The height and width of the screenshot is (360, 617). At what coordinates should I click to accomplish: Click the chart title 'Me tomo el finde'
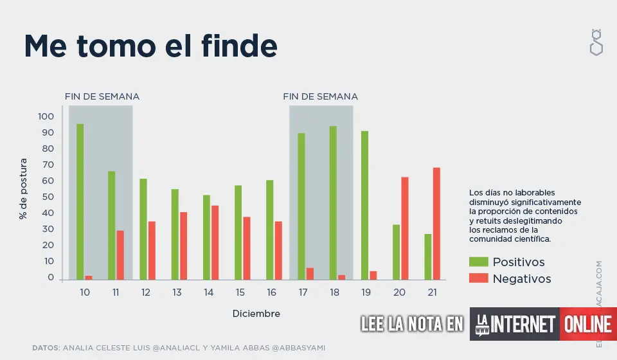[150, 46]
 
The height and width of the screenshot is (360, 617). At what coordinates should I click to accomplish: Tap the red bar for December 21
[436, 224]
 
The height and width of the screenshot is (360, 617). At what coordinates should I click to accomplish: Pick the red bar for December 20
[405, 228]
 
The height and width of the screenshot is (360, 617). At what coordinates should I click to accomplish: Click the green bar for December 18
[333, 203]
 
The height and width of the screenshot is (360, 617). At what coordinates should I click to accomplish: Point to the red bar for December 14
[215, 242]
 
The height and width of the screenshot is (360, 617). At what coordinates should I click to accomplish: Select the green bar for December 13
[175, 235]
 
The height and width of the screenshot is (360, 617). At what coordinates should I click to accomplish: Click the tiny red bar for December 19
[373, 276]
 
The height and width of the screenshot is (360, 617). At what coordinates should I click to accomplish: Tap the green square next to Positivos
[479, 262]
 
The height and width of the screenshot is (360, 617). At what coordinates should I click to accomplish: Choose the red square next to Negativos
[479, 278]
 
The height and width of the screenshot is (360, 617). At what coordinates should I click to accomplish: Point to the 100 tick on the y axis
[46, 116]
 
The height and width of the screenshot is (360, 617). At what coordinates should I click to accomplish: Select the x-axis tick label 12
[147, 292]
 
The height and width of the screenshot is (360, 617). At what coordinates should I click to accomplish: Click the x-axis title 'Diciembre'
[256, 314]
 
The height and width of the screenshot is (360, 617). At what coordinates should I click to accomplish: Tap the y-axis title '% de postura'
[24, 188]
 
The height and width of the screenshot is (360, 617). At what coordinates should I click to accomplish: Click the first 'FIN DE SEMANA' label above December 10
[102, 96]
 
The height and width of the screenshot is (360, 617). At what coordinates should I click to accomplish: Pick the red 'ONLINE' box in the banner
[587, 324]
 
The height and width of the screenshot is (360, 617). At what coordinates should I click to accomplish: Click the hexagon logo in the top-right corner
[596, 42]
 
